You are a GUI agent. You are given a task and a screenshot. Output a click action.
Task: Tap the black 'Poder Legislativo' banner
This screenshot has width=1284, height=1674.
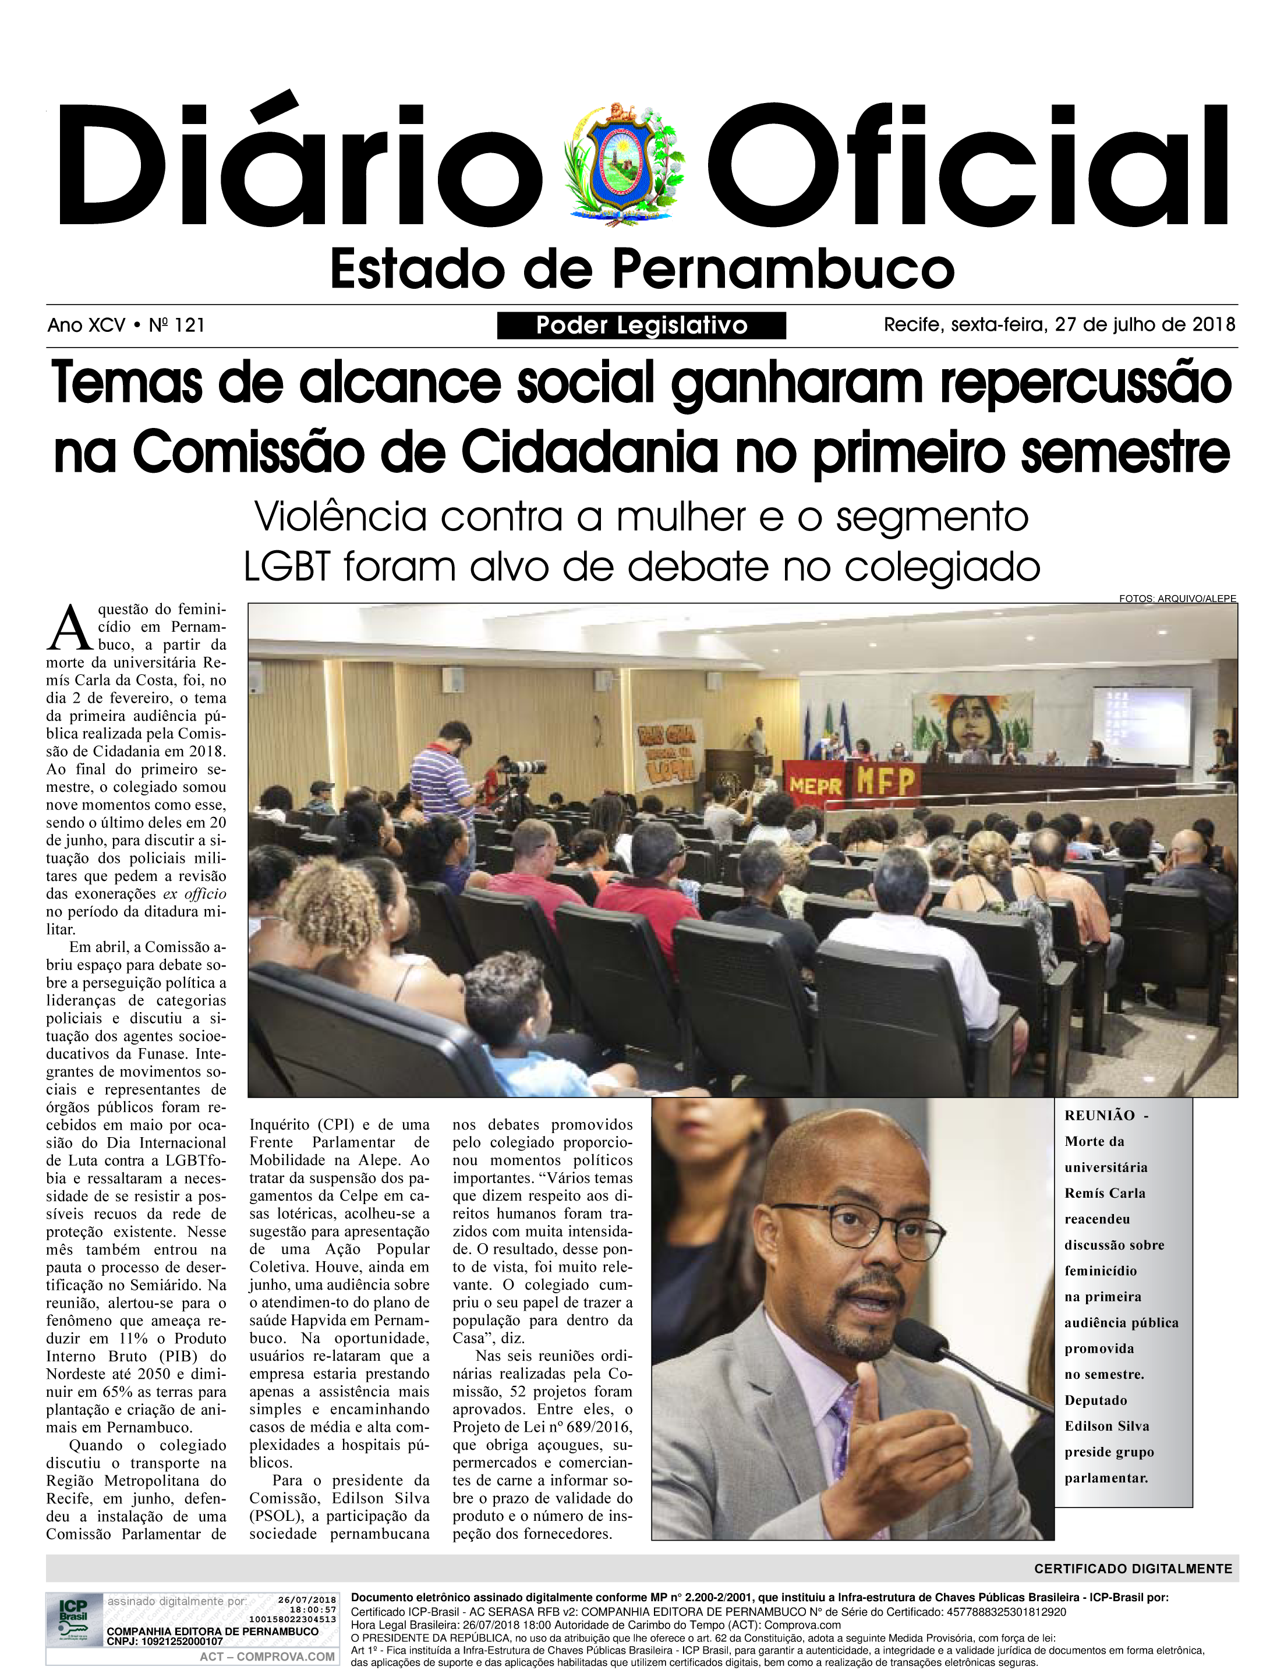(641, 325)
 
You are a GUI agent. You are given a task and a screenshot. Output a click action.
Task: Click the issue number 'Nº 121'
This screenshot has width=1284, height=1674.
(176, 325)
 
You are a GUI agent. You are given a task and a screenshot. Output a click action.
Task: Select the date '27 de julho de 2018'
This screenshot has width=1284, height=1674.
(1144, 325)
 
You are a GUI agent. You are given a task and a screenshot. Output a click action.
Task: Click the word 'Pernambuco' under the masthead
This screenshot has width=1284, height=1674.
(783, 269)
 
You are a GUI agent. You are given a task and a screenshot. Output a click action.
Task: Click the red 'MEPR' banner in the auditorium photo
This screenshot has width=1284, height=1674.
(815, 784)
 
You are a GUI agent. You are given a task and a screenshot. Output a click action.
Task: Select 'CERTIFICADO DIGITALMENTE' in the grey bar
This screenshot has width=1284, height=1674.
(1133, 1569)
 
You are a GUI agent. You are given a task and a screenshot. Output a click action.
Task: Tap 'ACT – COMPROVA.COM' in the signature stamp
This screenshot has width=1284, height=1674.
(267, 1657)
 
